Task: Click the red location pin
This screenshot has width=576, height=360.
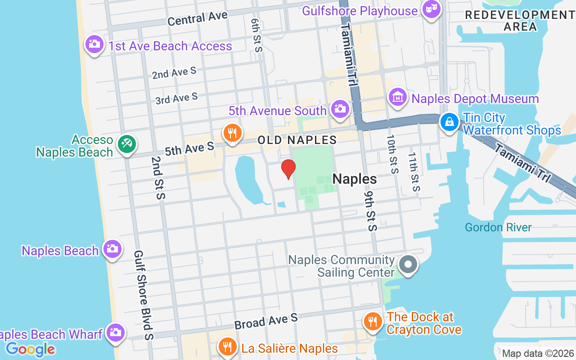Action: click(288, 170)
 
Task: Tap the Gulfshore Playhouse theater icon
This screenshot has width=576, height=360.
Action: click(432, 9)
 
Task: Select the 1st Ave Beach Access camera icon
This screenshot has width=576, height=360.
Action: click(94, 45)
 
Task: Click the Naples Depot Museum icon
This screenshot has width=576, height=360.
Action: click(398, 97)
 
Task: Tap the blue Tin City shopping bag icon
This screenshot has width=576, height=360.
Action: click(449, 121)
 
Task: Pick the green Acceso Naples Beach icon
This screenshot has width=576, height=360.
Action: click(127, 144)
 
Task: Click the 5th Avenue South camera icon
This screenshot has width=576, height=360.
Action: click(340, 109)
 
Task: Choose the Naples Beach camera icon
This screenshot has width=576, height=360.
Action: click(112, 248)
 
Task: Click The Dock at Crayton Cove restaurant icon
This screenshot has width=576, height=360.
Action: click(372, 321)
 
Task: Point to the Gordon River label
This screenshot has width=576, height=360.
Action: click(498, 227)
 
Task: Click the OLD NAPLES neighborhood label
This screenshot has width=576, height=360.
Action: click(297, 140)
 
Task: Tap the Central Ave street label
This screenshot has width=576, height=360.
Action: click(198, 19)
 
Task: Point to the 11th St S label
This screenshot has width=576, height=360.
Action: click(414, 171)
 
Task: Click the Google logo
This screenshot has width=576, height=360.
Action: click(31, 349)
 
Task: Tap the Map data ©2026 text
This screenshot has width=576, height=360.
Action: click(538, 353)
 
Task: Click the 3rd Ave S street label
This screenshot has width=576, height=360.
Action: click(176, 98)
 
